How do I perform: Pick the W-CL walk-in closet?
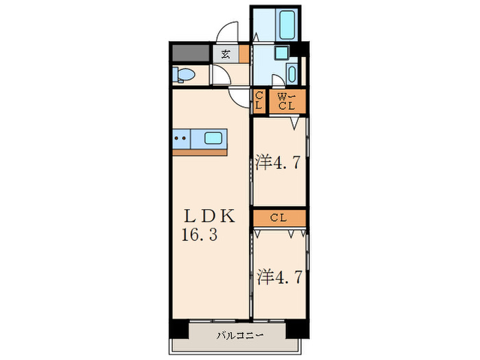[287, 101]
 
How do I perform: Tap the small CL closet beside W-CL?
[259, 101]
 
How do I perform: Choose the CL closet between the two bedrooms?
[278, 218]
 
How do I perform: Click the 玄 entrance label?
[225, 53]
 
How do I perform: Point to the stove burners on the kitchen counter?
[181, 138]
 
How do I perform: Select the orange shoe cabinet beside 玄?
[243, 53]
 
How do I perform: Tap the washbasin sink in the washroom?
[293, 73]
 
